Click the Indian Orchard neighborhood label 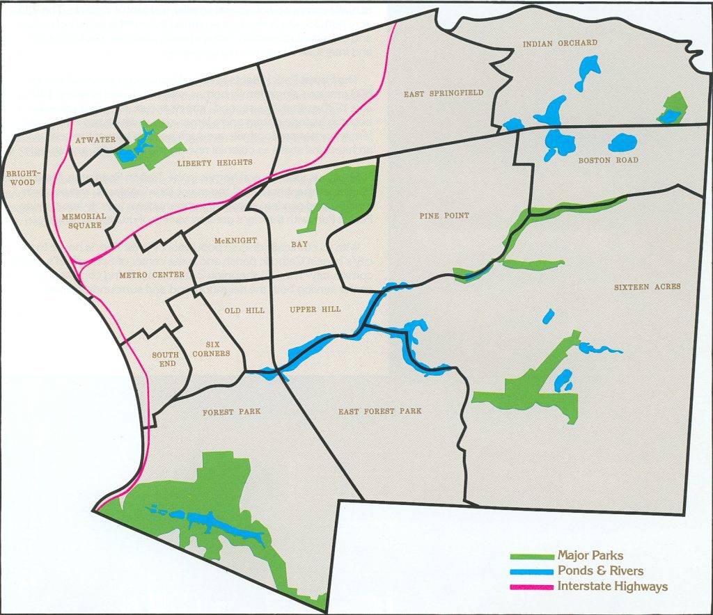tap(560, 43)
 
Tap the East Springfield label tap(444, 93)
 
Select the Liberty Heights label tap(214, 163)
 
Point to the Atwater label tap(95, 140)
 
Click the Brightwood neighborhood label tap(23, 177)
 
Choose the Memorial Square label tap(84, 221)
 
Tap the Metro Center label tap(152, 275)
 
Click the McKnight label tap(235, 241)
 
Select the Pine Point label tap(444, 216)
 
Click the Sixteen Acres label tap(648, 287)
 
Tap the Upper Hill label tap(315, 309)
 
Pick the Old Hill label tap(245, 310)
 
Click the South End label tap(165, 359)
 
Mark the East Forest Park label tap(380, 411)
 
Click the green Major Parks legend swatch tap(531, 557)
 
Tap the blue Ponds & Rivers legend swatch tap(531, 571)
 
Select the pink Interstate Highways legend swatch tap(531, 586)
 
